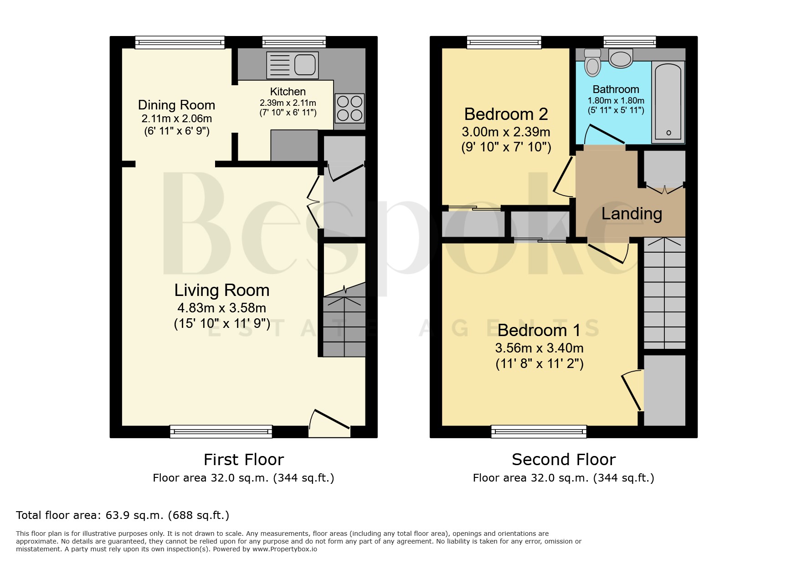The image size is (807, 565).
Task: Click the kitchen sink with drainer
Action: [x=292, y=64]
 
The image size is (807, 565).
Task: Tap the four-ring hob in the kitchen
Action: [x=350, y=108]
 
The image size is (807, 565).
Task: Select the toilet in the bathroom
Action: [x=592, y=62]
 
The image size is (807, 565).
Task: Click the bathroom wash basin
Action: [x=621, y=58]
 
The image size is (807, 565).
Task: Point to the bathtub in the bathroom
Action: [x=668, y=102]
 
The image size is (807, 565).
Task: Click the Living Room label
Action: [x=222, y=290]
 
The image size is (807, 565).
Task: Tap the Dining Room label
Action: [x=176, y=105]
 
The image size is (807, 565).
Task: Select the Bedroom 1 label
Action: [x=539, y=330]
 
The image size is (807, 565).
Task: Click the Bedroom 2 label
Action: [x=506, y=114]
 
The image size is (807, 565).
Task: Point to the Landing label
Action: [x=632, y=213]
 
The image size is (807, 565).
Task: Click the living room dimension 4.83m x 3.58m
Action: [x=222, y=308]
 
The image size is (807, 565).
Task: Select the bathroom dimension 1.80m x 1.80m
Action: [x=616, y=100]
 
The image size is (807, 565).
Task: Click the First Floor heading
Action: [x=243, y=459]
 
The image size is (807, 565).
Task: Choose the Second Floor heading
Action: [x=564, y=459]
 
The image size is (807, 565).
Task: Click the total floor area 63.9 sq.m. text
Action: [x=123, y=515]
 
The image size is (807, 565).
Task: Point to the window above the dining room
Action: [x=180, y=42]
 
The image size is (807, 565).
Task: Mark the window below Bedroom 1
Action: [x=539, y=431]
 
